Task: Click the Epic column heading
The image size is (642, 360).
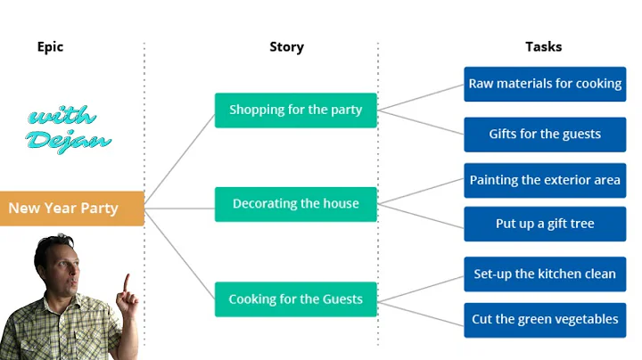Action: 50,46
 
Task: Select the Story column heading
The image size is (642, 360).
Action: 286,46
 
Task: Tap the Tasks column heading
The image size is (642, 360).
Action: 543,46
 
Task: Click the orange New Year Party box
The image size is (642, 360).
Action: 71,209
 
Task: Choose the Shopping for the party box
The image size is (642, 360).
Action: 295,110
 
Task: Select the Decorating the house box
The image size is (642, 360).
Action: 295,204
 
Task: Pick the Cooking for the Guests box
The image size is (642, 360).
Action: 295,299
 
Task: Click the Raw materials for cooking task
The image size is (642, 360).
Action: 545,84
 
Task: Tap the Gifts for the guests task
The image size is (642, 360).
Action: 545,135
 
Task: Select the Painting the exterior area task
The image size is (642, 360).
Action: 545,180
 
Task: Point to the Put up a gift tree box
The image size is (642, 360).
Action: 545,224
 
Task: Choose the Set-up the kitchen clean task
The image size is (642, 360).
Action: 545,274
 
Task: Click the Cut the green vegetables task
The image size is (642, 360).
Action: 545,319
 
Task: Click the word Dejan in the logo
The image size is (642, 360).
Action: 67,139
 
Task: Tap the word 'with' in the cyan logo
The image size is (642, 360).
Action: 62,117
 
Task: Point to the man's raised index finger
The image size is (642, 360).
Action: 126,282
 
